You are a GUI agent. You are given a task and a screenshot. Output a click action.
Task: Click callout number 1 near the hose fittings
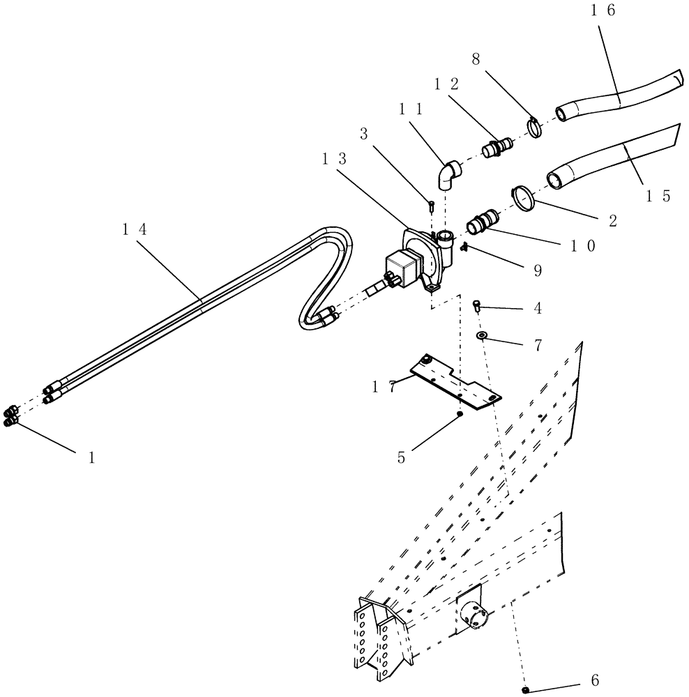[x=91, y=458]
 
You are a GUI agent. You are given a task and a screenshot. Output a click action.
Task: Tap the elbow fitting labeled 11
[x=447, y=176]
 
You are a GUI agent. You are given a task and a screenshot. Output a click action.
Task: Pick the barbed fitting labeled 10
[x=482, y=222]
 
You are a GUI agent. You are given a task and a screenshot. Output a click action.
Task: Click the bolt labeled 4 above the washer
[x=478, y=304]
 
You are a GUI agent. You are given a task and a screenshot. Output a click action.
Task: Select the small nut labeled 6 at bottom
[x=527, y=689]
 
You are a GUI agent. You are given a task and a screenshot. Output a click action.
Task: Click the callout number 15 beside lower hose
[x=657, y=197]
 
